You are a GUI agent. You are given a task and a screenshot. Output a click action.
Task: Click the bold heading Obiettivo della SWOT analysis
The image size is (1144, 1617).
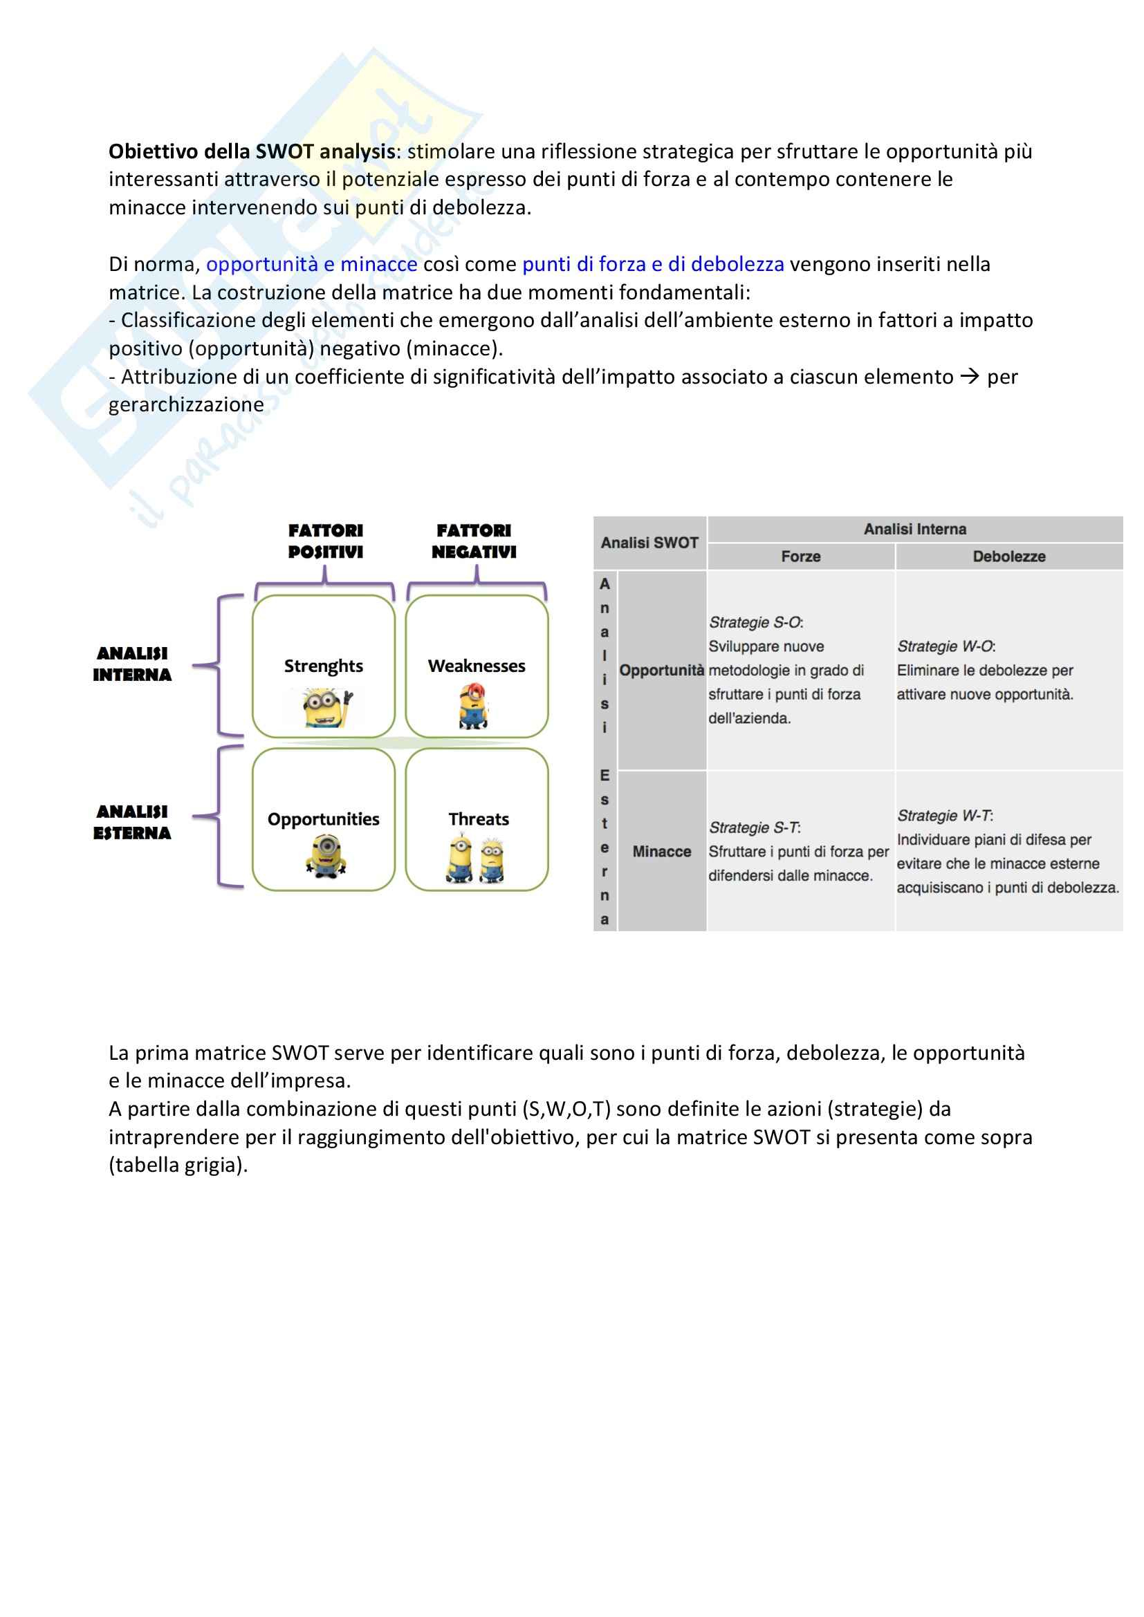pos(252,151)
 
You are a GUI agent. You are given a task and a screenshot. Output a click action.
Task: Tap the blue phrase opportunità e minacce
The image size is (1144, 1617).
pos(311,264)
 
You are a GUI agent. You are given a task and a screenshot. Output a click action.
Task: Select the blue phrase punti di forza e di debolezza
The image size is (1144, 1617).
pos(652,264)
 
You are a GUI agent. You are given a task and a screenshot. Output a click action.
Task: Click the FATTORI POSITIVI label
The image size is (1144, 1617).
pos(326,541)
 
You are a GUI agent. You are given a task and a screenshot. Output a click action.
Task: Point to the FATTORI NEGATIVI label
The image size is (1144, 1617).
pos(473,541)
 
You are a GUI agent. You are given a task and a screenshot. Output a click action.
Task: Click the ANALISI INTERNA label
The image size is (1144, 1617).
pos(132,664)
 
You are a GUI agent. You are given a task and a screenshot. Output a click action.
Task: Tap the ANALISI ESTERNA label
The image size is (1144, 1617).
pos(132,822)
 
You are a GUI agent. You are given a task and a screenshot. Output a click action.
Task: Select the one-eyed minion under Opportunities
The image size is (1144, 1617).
pos(326,855)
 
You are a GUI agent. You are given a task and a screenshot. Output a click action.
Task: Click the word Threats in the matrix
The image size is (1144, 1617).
pos(479,819)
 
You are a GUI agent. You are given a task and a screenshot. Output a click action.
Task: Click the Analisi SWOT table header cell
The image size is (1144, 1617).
pos(649,543)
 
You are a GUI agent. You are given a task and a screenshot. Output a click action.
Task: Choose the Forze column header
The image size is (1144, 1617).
pos(801,557)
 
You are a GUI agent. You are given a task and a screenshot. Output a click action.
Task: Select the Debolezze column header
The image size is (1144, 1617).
pos(1008,557)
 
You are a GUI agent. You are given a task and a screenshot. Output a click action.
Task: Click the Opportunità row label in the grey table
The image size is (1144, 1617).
pos(661,671)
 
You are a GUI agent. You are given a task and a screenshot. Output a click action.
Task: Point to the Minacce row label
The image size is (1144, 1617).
pos(661,852)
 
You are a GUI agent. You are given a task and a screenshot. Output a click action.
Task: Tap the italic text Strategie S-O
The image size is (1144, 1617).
pos(755,623)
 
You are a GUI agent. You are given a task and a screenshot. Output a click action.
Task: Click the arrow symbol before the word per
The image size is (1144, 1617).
pos(969,377)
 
